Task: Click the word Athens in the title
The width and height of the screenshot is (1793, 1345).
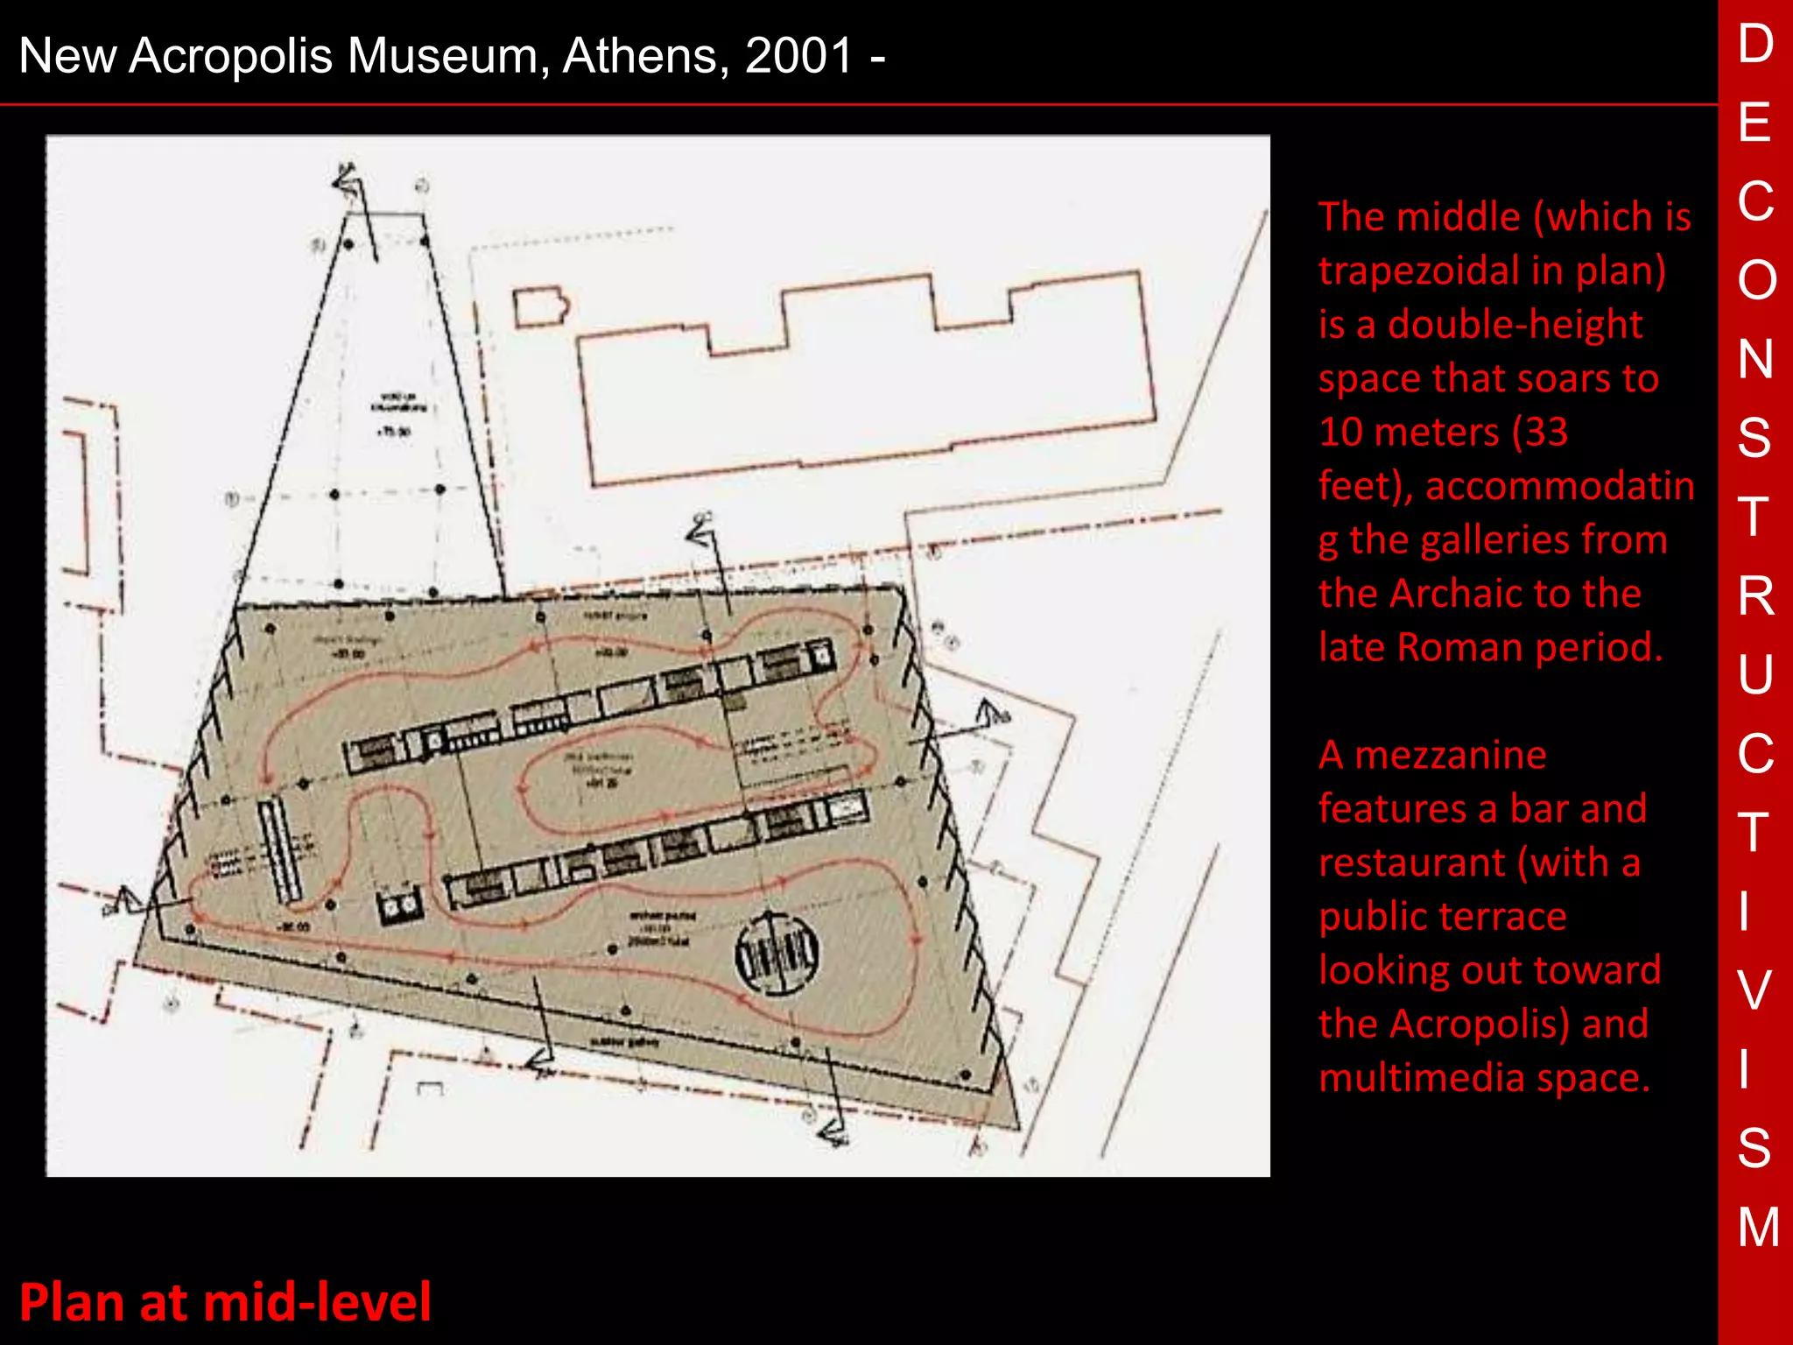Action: point(644,56)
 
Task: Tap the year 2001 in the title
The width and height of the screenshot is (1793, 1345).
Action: point(798,56)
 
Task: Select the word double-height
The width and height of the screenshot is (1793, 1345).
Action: point(1515,325)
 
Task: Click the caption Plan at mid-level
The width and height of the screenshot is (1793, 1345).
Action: point(225,1302)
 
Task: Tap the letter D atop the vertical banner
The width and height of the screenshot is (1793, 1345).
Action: point(1755,44)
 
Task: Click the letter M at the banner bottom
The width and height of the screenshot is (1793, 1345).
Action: point(1758,1226)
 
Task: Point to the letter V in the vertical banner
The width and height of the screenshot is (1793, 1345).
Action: point(1754,989)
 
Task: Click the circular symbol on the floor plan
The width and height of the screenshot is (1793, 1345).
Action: point(776,952)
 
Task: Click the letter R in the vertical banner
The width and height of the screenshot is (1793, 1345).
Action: point(1755,596)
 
